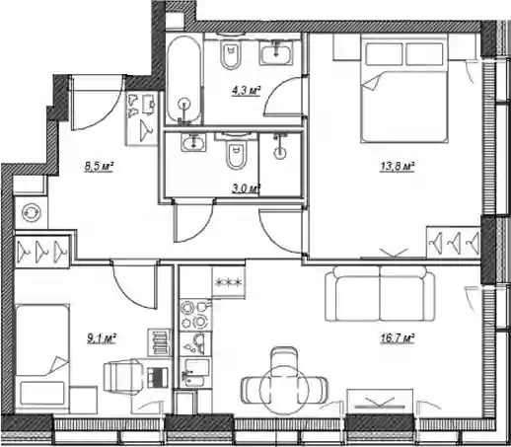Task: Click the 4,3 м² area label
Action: pyautogui.click(x=247, y=91)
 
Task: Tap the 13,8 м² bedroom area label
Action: pyautogui.click(x=397, y=167)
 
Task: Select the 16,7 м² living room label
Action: pyautogui.click(x=397, y=338)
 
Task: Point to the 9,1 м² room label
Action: pyautogui.click(x=102, y=338)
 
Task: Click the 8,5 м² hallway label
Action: pyautogui.click(x=99, y=167)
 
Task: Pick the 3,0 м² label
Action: pyautogui.click(x=247, y=188)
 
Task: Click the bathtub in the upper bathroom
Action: pyautogui.click(x=183, y=79)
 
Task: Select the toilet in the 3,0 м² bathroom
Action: pyautogui.click(x=236, y=152)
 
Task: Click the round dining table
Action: pyautogui.click(x=284, y=390)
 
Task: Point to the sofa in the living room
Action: pyautogui.click(x=380, y=293)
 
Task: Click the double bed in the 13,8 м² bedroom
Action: pyautogui.click(x=404, y=88)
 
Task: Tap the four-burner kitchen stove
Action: pyautogui.click(x=196, y=315)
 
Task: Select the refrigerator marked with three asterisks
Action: pyautogui.click(x=229, y=282)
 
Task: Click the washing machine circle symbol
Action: pyautogui.click(x=32, y=212)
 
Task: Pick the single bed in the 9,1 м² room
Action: pyautogui.click(x=42, y=358)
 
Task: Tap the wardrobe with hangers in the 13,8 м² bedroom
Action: pyautogui.click(x=454, y=242)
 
